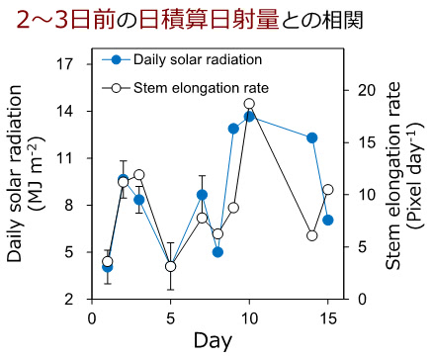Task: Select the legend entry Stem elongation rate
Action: pos(199,88)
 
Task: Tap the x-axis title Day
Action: pos(213,341)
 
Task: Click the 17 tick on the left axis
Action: pos(66,63)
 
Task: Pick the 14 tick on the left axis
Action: pos(66,111)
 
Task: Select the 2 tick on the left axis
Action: pos(69,299)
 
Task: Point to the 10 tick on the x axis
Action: pos(249,317)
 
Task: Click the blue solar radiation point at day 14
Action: pos(312,137)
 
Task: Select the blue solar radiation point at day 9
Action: pos(233,129)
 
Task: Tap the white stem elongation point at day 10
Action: pos(249,104)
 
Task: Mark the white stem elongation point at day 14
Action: pos(312,235)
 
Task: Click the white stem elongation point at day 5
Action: pos(171,266)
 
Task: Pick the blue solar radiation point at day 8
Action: pos(217,252)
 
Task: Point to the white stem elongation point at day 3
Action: pos(139,175)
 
